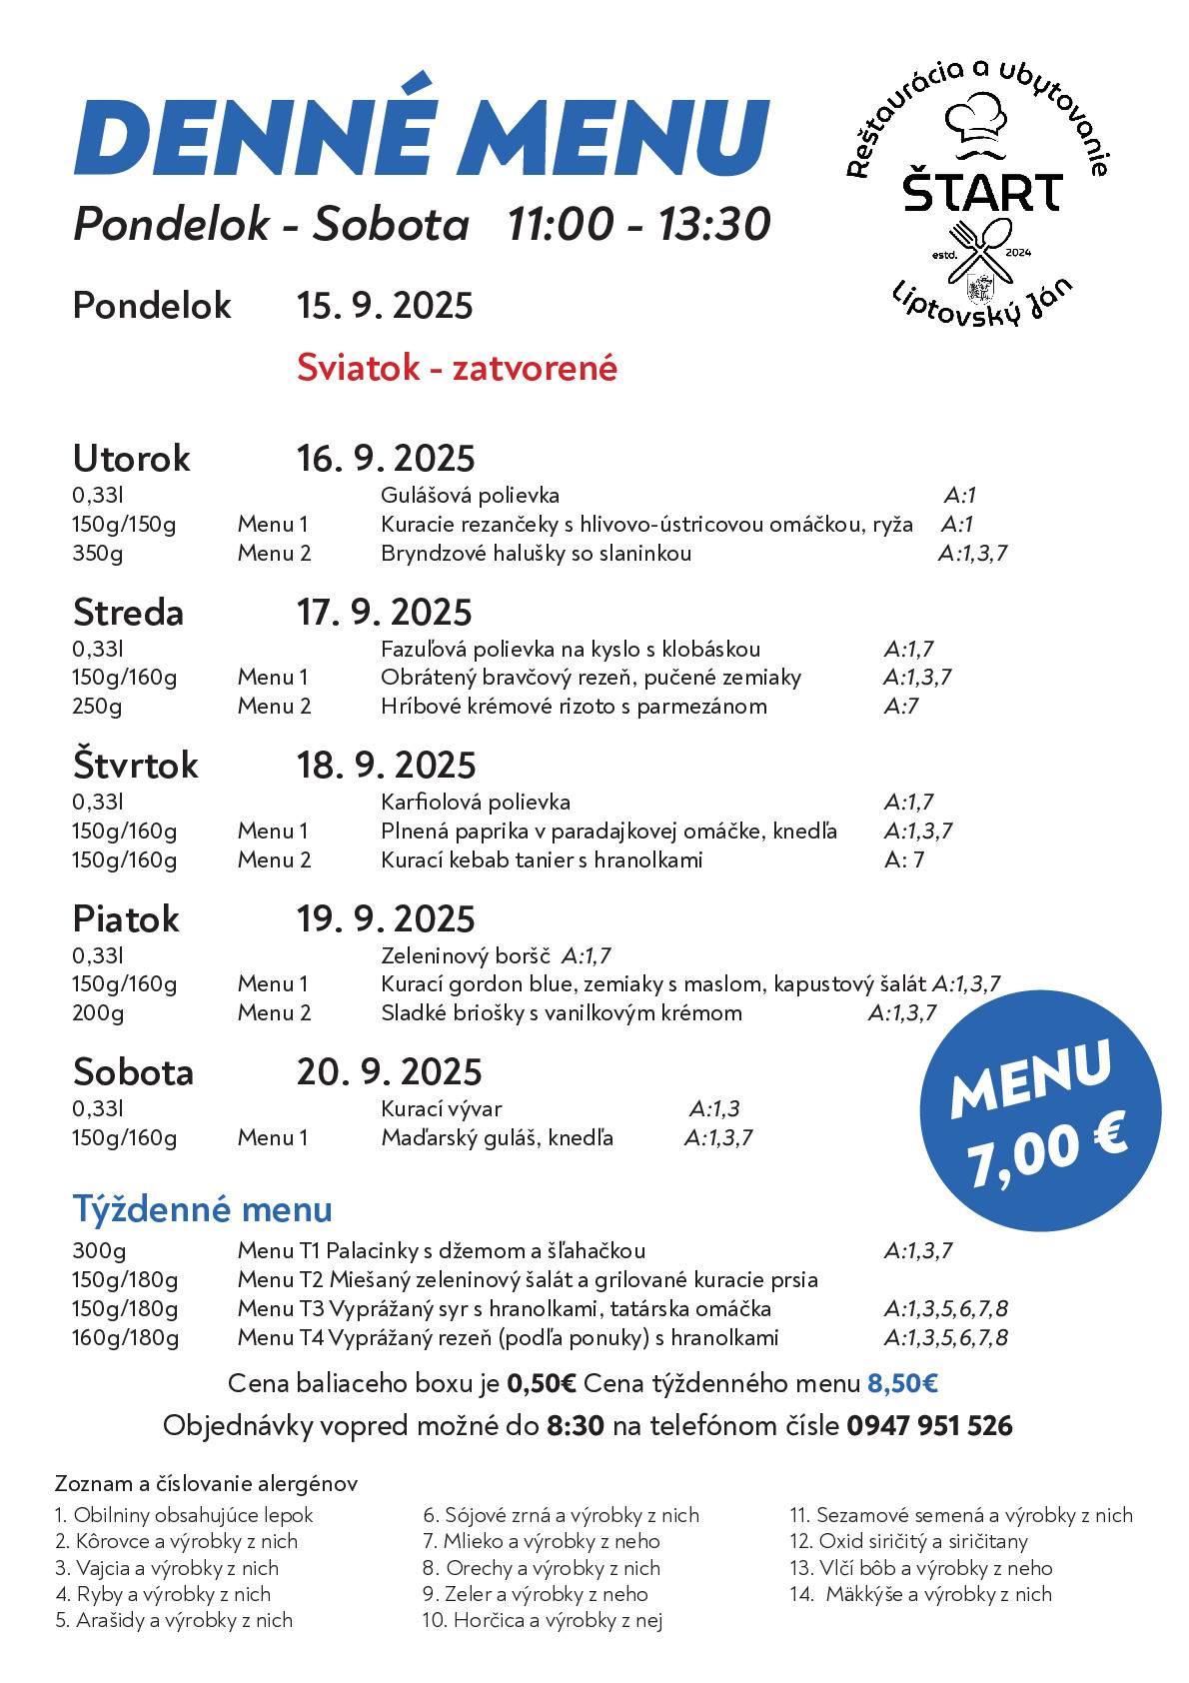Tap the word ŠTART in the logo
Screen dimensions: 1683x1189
point(982,192)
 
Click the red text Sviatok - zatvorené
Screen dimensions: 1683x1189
point(457,368)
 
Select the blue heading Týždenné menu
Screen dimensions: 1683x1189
point(202,1209)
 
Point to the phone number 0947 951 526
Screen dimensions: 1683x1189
point(929,1425)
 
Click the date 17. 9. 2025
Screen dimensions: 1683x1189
point(384,612)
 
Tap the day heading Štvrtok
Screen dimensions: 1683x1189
point(135,765)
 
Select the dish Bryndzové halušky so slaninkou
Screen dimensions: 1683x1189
point(536,553)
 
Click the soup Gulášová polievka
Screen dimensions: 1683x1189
point(470,495)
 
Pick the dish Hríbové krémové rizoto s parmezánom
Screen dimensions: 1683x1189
point(574,706)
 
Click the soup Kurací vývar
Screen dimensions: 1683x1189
point(441,1108)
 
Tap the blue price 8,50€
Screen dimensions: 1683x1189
point(902,1383)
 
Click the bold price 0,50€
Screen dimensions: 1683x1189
point(542,1383)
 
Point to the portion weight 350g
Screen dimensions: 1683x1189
point(97,553)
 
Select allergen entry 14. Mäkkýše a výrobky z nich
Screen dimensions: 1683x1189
point(920,1594)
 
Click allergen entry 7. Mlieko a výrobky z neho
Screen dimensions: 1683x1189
point(541,1541)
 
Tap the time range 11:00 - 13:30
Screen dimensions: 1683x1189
point(638,224)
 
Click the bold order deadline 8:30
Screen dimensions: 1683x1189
point(576,1425)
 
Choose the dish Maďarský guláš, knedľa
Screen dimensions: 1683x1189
point(497,1137)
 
